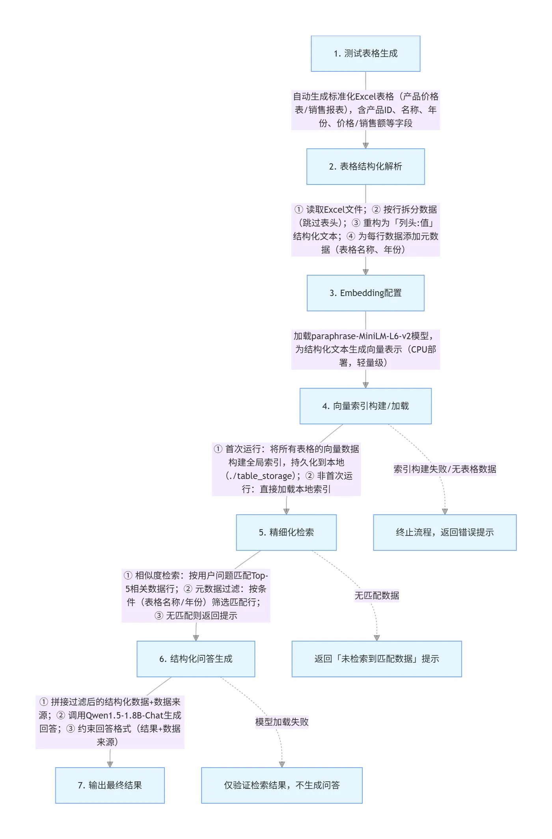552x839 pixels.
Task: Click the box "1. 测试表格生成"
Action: coord(365,54)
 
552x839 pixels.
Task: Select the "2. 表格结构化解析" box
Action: coord(365,166)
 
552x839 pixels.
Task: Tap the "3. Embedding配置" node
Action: coord(365,293)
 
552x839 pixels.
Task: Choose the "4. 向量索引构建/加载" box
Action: coord(365,406)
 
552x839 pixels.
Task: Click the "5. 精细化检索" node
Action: coord(286,532)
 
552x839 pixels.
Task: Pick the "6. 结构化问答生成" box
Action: coord(196,659)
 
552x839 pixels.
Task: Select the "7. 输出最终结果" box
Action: coord(110,785)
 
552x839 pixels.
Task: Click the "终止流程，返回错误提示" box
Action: coord(444,532)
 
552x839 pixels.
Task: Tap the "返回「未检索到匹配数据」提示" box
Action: coord(376,659)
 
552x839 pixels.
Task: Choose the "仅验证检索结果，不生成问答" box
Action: coord(282,785)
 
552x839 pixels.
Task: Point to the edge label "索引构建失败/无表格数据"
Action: coord(444,469)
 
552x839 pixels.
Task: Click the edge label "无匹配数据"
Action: coord(377,595)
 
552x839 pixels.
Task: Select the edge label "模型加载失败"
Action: coord(282,722)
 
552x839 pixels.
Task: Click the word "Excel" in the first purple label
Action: coord(365,97)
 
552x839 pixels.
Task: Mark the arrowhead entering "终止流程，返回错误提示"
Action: coord(445,511)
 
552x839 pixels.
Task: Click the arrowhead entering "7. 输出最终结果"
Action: coord(110,764)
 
